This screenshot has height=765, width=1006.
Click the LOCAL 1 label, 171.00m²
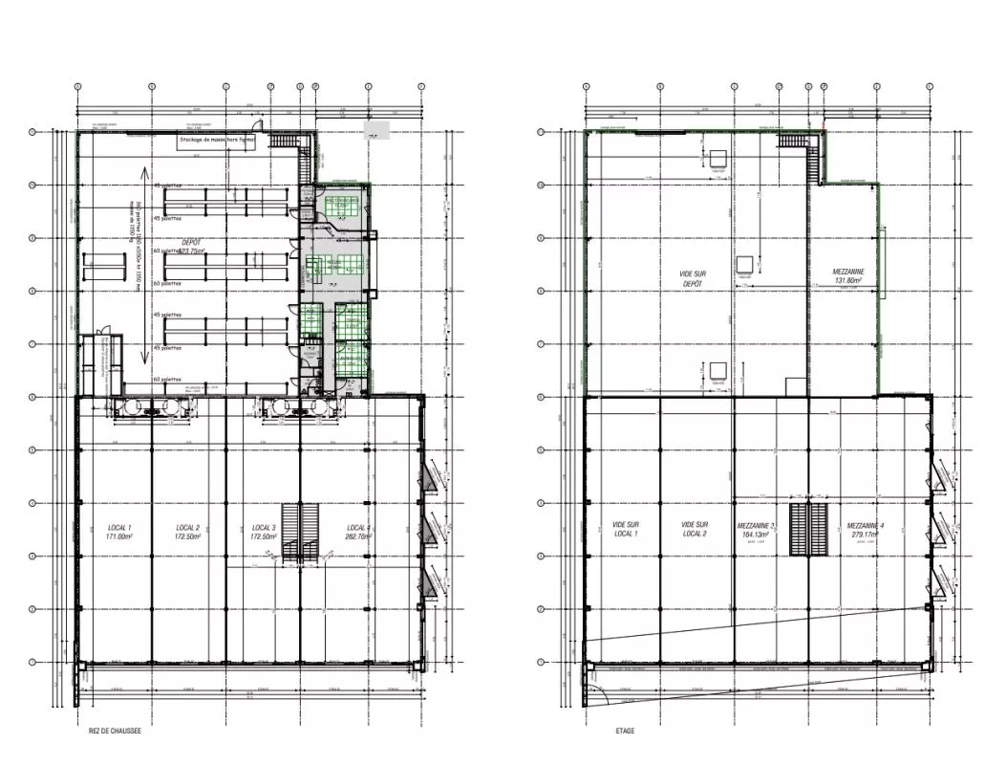(x=119, y=533)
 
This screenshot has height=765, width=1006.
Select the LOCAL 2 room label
(x=188, y=533)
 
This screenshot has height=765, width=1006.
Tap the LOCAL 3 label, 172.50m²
(x=264, y=533)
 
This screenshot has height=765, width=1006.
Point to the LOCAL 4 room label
(x=357, y=533)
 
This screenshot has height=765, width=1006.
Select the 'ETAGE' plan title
(x=625, y=731)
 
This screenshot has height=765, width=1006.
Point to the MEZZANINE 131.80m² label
(x=848, y=276)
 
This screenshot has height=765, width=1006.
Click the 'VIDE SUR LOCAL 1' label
(x=626, y=530)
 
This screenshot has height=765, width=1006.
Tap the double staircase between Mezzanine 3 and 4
(x=809, y=530)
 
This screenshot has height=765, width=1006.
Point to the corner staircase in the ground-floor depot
(x=284, y=141)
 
